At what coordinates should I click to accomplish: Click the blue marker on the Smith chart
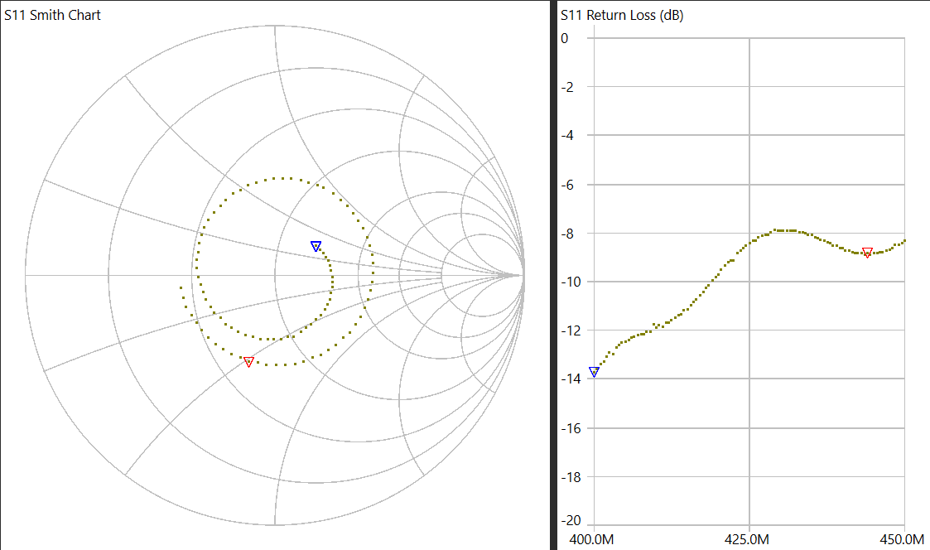tap(316, 246)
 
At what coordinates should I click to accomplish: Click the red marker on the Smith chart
tap(248, 362)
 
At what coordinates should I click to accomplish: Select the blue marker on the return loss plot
tap(594, 372)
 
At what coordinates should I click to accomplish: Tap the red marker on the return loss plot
tap(867, 253)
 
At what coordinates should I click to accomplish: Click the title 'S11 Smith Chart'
tap(53, 15)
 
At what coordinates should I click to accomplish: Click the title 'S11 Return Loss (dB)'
tap(622, 15)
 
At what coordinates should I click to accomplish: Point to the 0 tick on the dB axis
tap(565, 38)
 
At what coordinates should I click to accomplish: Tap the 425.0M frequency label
tap(749, 540)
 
